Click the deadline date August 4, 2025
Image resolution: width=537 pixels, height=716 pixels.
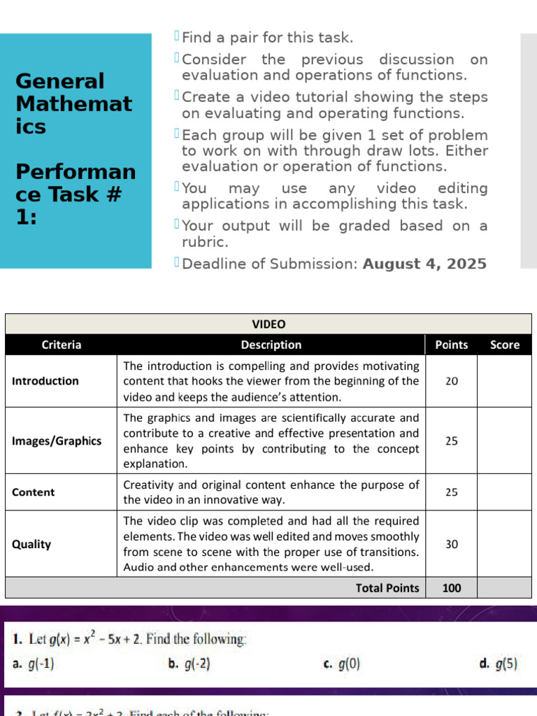click(424, 264)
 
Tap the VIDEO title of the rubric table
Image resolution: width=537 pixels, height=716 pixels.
click(268, 324)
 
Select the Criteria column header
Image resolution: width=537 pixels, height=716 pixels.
click(62, 345)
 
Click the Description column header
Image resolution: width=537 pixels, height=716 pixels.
click(271, 345)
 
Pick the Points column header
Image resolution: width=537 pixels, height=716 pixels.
click(452, 345)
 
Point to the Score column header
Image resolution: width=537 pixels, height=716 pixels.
click(505, 345)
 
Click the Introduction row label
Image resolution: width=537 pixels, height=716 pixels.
click(45, 381)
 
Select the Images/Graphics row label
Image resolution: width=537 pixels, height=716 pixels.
click(57, 441)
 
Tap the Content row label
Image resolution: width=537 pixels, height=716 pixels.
click(34, 492)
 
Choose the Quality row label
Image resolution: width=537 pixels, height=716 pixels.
click(31, 544)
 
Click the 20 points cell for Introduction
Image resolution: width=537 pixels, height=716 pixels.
click(452, 381)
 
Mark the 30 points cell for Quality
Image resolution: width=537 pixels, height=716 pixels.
click(452, 544)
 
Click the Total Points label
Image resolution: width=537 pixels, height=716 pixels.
click(387, 588)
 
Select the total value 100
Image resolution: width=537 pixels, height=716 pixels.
click(452, 588)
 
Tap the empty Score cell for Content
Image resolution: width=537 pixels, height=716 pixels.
click(505, 492)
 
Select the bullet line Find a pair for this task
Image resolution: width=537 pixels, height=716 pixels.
click(267, 37)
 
